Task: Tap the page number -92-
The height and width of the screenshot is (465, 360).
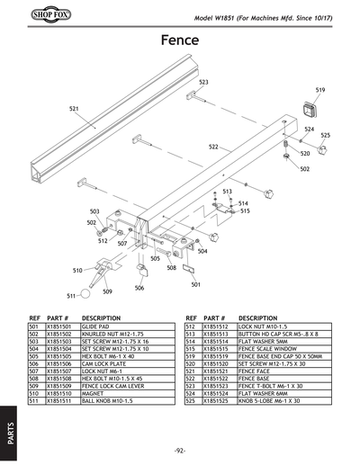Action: coord(180,449)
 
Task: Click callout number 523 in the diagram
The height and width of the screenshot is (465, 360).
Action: coord(204,82)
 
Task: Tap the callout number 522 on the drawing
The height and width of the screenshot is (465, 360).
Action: coord(214,147)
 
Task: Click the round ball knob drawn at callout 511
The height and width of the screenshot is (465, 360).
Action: coord(84,291)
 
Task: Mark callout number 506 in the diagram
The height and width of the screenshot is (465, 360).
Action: coord(139,288)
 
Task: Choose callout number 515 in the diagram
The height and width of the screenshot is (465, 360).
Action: coord(244,211)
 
